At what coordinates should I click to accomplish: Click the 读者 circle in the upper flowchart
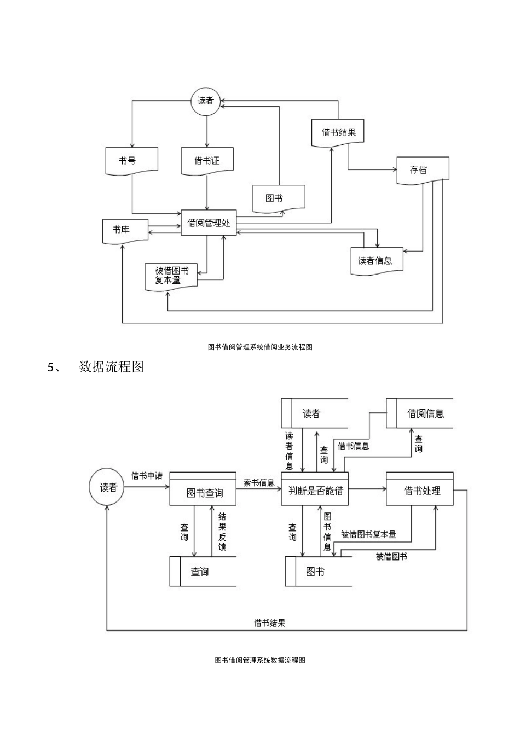click(x=206, y=101)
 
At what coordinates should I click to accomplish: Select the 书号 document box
click(x=131, y=161)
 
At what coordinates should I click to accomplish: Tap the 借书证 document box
click(x=207, y=161)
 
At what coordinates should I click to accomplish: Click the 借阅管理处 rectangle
click(x=209, y=223)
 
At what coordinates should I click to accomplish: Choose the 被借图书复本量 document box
click(x=171, y=276)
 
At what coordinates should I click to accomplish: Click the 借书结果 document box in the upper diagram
click(x=338, y=132)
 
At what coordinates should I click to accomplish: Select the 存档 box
click(x=422, y=170)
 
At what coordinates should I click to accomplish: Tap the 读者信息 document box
click(x=377, y=260)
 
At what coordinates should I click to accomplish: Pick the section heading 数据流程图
click(x=111, y=367)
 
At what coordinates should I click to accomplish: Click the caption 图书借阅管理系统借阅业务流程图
click(x=260, y=347)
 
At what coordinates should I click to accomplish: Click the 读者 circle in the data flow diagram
click(x=108, y=487)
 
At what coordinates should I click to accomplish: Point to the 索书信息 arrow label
click(x=258, y=482)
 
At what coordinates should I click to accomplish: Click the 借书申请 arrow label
click(x=147, y=475)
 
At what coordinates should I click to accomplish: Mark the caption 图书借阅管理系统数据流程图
click(x=260, y=660)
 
